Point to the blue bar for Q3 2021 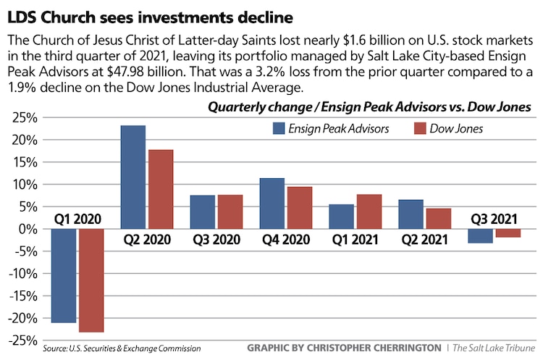point(481,236)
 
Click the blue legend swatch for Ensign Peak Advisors point(279,129)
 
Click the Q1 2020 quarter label point(77,218)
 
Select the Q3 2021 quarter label point(494,218)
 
